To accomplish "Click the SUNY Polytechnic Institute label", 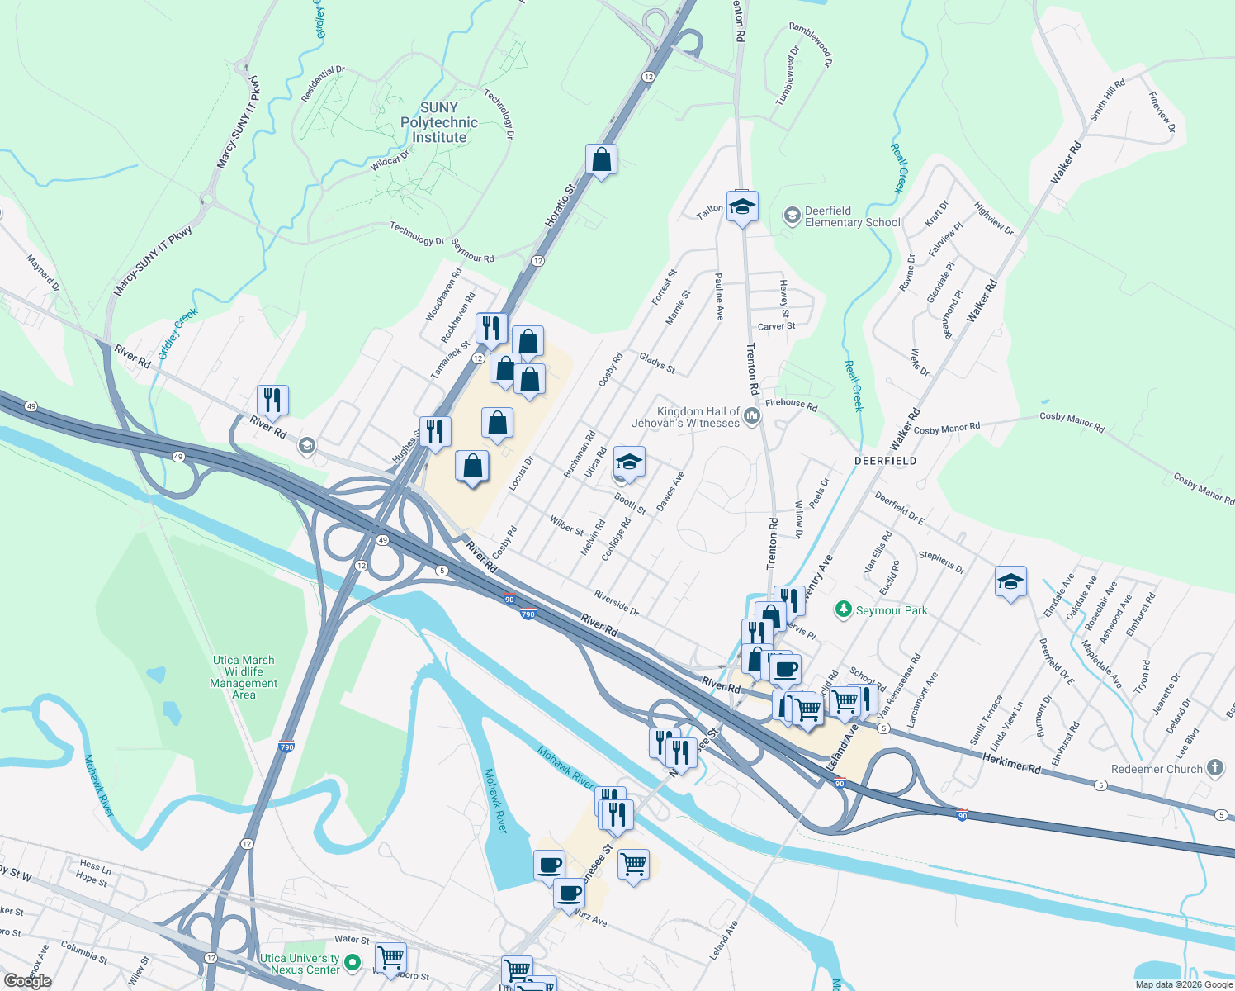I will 438,122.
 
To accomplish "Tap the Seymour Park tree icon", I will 843,609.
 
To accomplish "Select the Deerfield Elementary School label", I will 852,216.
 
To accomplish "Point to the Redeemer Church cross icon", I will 1214,768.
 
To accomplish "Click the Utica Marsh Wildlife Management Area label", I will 244,677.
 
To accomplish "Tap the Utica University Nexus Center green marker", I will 353,962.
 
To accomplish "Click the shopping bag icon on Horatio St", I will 602,159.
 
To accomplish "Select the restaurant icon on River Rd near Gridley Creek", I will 272,401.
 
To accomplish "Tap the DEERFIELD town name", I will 885,461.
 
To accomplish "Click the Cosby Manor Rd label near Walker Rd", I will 946,429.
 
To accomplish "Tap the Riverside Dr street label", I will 616,604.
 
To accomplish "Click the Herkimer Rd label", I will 1012,762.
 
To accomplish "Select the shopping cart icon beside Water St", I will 390,958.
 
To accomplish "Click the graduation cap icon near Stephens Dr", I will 1010,582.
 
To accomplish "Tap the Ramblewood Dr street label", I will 810,44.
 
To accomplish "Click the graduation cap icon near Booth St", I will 629,462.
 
